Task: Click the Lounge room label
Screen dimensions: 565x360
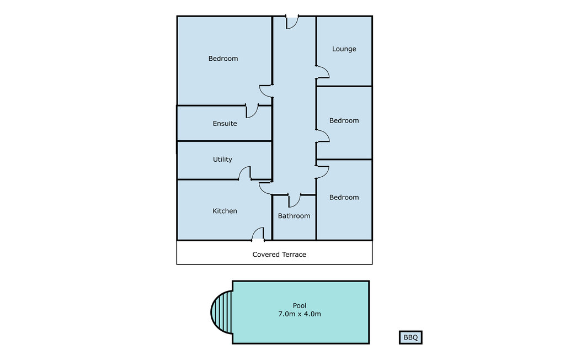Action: [x=344, y=49]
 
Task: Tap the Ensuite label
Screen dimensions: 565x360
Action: [x=225, y=123]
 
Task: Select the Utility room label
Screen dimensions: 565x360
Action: [x=222, y=160]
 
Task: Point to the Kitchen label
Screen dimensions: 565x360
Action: [x=225, y=211]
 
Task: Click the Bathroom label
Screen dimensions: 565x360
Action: [x=294, y=216]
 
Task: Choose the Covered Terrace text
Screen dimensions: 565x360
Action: [x=279, y=255]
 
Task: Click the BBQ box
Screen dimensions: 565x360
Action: [x=411, y=337]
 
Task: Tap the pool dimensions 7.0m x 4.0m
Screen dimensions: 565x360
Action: [x=300, y=314]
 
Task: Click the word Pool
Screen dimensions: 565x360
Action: [x=300, y=305]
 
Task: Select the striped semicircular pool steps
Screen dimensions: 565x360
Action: [x=222, y=312]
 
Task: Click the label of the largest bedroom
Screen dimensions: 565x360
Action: [x=223, y=59]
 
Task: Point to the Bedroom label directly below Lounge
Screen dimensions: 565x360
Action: [x=344, y=120]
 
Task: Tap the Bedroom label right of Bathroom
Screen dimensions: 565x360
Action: [x=344, y=197]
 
